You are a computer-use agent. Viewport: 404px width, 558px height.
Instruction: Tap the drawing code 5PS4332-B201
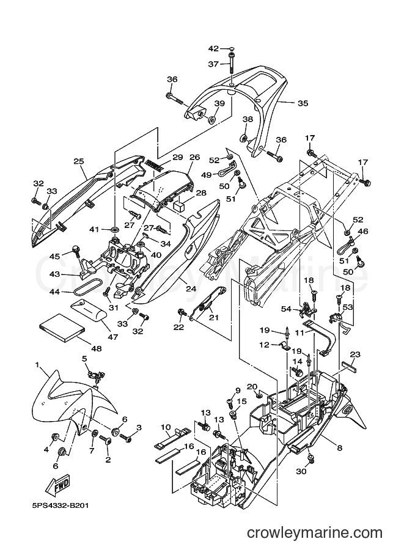point(57,505)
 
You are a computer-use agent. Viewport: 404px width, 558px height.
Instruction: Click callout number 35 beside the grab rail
point(303,103)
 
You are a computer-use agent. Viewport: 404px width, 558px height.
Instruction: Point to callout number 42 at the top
point(213,48)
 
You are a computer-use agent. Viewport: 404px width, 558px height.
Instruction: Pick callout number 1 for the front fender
point(37,364)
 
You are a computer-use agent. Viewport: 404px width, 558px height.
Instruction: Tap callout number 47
point(113,337)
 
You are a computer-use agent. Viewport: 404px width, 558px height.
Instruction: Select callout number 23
point(355,354)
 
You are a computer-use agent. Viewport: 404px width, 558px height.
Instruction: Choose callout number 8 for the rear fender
point(340,448)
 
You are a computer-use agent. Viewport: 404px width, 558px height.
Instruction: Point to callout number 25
point(79,161)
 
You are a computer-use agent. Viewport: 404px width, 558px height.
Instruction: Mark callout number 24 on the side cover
point(191,288)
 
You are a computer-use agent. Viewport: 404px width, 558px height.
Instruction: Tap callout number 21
point(214,317)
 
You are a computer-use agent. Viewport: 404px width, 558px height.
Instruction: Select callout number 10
point(166,427)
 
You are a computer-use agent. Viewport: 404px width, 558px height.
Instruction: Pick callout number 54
point(287,309)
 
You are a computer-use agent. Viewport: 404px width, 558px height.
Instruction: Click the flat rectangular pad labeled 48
point(62,327)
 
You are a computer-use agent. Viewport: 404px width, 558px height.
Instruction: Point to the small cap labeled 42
point(232,48)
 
